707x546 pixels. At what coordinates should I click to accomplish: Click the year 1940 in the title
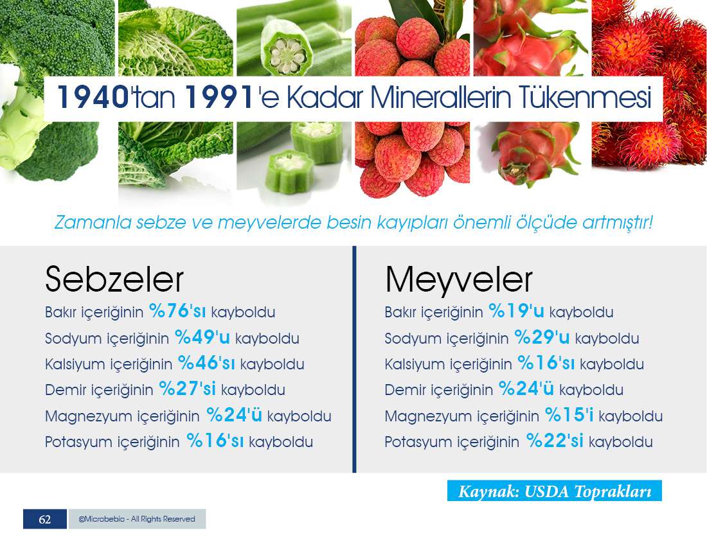click(x=93, y=97)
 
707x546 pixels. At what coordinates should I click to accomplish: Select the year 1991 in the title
click(x=219, y=97)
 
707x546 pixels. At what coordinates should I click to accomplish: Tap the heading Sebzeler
click(x=114, y=279)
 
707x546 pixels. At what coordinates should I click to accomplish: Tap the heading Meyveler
click(x=458, y=279)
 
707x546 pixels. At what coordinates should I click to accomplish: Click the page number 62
click(x=44, y=519)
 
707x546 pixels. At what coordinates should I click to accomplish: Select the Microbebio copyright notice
click(x=137, y=519)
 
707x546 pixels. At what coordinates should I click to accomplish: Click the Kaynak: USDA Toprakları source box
click(x=555, y=491)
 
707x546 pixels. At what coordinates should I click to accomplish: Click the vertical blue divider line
click(x=354, y=359)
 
